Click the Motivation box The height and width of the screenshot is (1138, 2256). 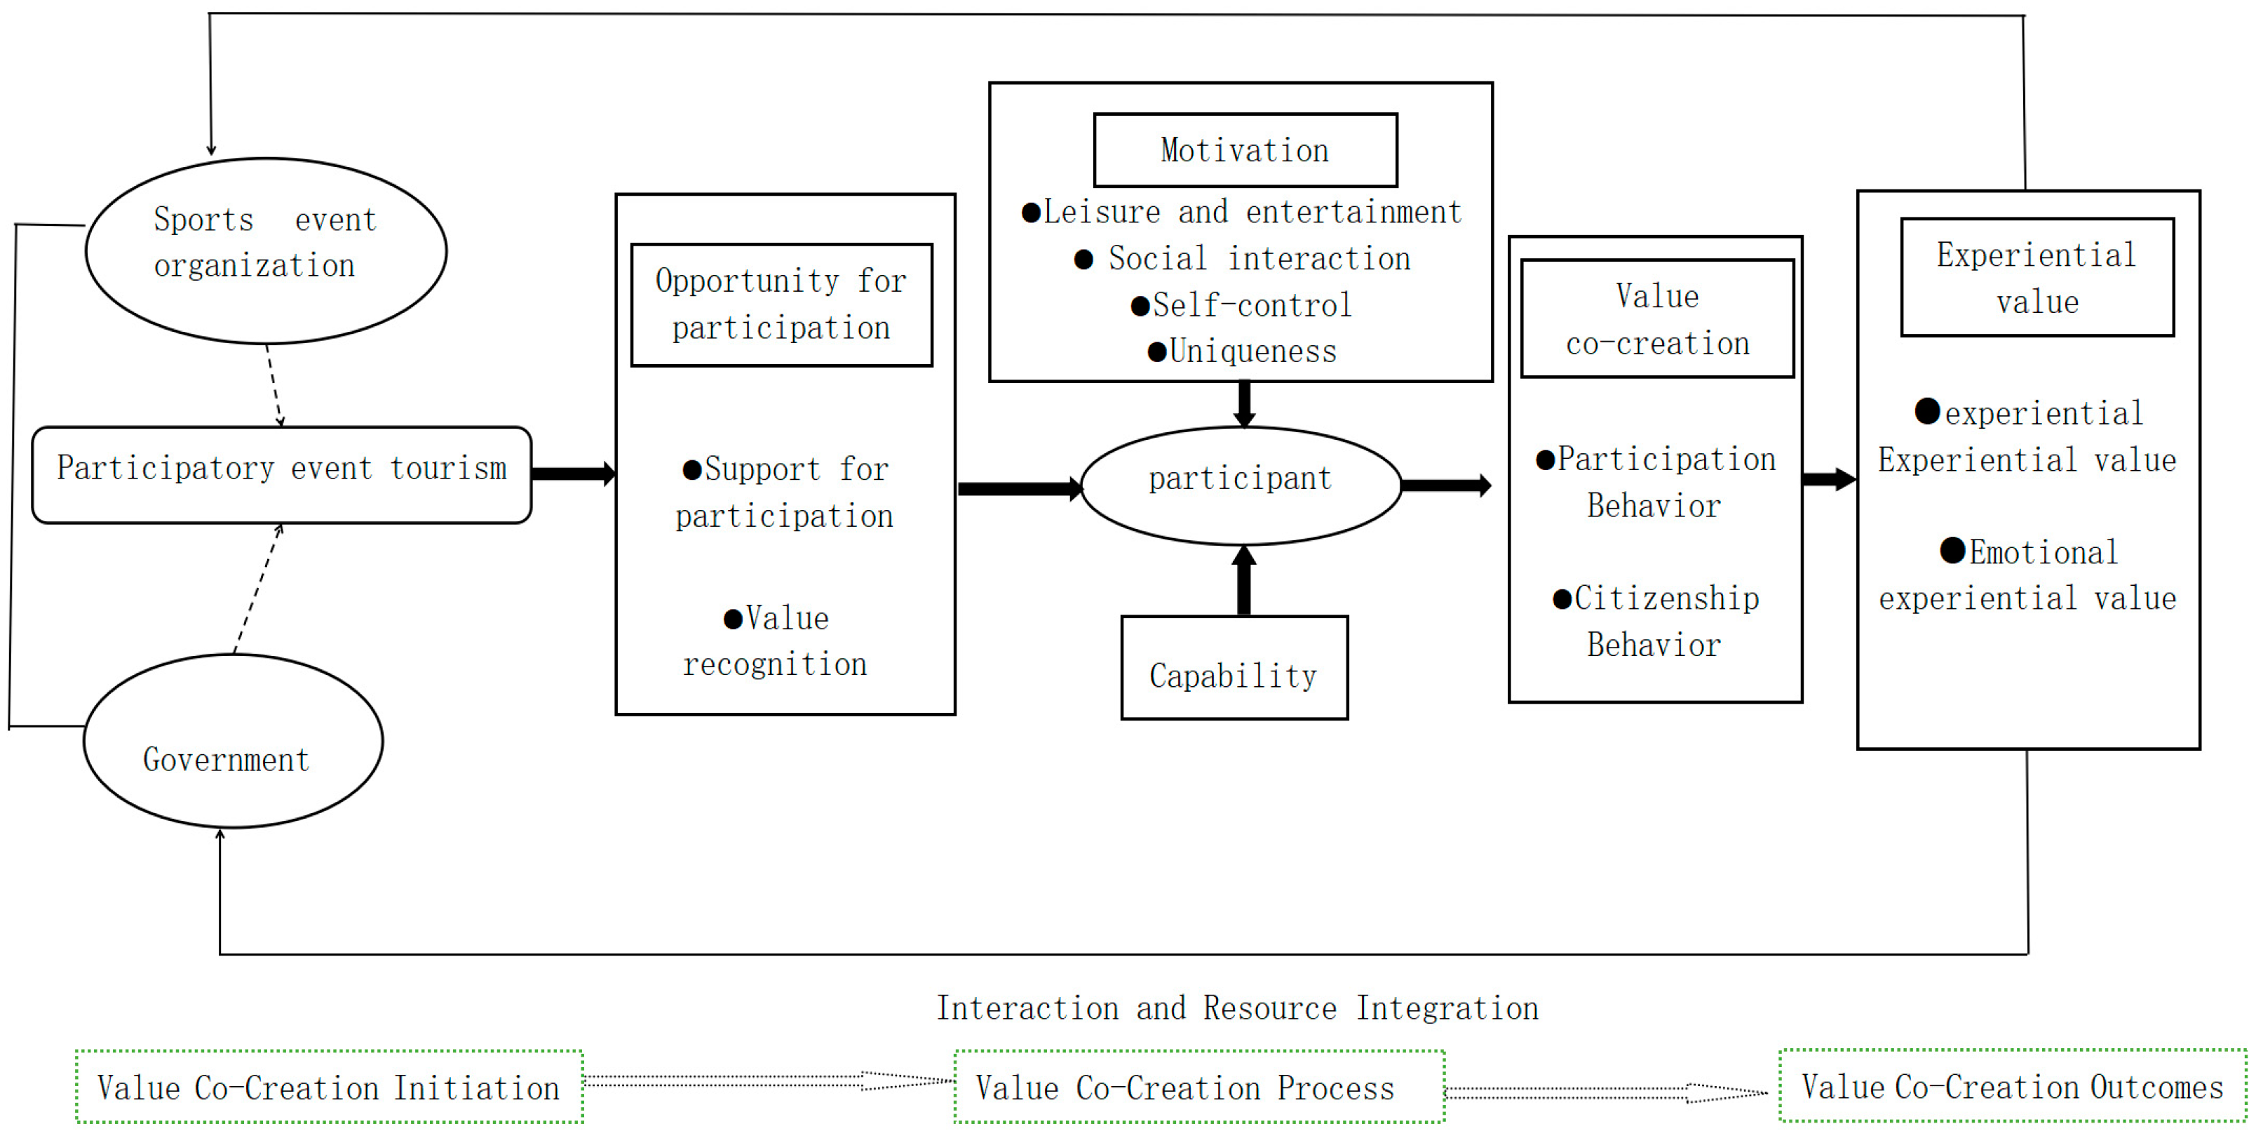1245,150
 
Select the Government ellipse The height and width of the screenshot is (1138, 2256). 233,741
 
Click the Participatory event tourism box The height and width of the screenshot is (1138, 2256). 281,475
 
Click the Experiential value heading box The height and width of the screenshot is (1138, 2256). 2037,277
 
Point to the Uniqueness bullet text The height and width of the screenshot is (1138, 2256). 1243,352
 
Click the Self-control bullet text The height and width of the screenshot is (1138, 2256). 1243,305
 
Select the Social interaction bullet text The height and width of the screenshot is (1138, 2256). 1243,258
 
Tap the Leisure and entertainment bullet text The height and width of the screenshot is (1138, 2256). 1243,212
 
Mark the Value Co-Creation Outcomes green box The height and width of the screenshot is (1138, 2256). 2012,1086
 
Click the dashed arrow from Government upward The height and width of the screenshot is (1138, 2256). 257,589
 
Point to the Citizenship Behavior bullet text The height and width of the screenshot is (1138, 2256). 1655,621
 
